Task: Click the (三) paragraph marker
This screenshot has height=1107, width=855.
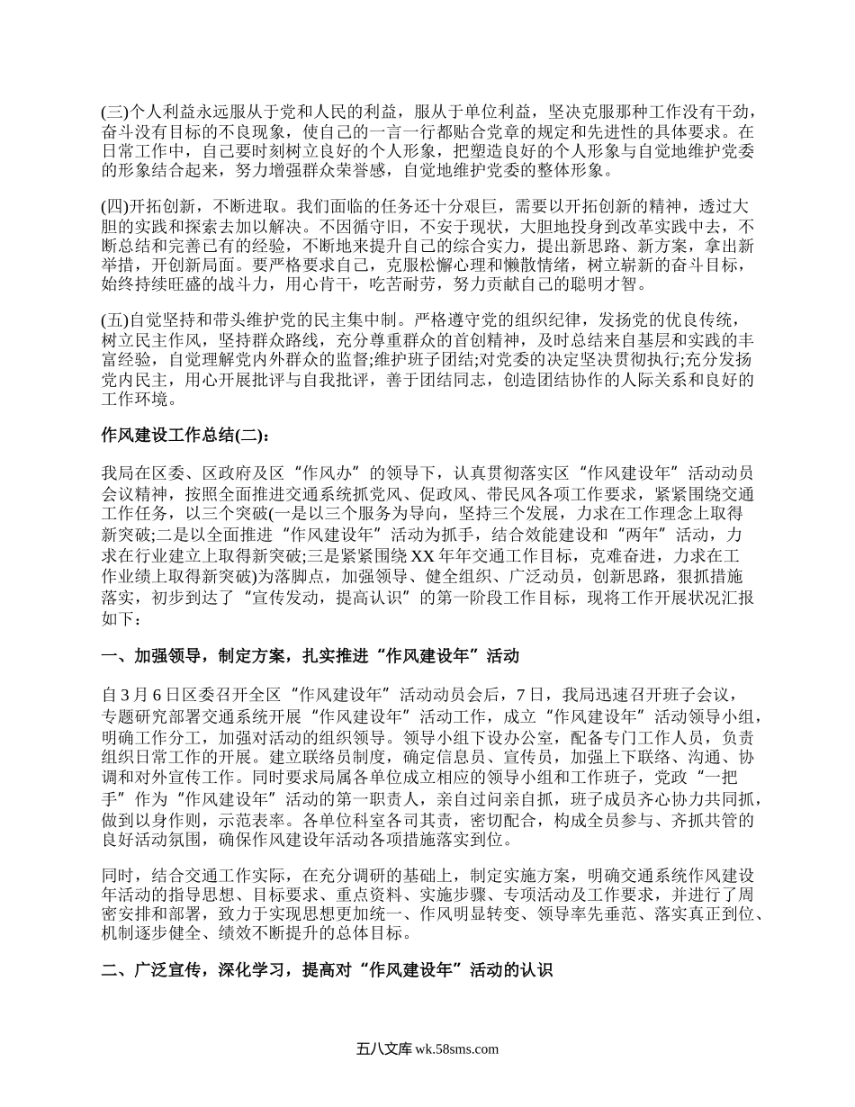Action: (116, 112)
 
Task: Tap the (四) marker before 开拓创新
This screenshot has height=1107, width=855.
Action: (116, 210)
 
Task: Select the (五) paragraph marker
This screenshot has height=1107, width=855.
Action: (116, 319)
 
